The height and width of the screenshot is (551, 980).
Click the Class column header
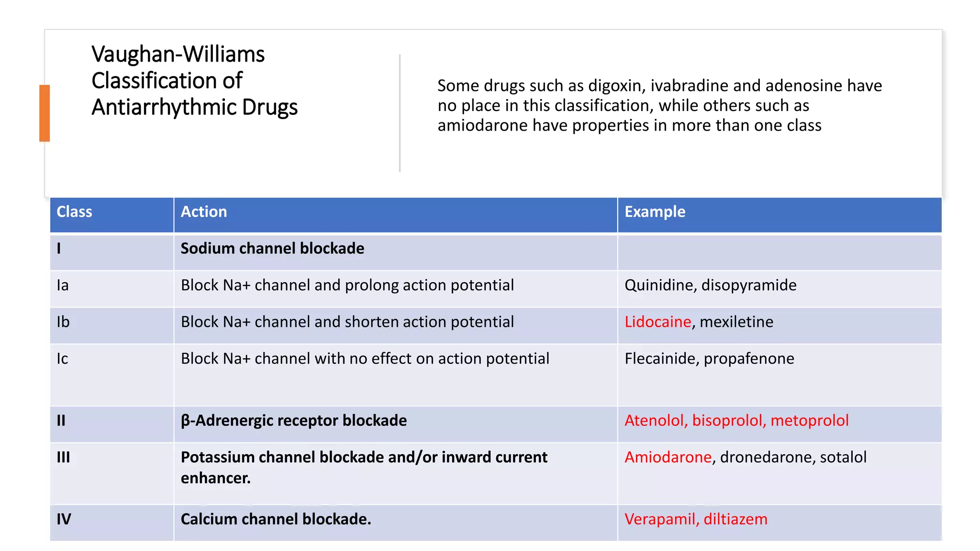74,212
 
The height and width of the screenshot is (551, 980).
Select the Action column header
203,212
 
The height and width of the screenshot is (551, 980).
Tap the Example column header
655,212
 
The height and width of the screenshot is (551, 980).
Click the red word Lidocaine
657,322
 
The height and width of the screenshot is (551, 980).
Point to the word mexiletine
736,322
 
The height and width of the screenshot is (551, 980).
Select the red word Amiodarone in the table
668,457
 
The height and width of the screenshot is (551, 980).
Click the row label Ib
63,322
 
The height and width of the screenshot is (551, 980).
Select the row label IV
64,519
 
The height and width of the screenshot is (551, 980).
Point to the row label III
63,457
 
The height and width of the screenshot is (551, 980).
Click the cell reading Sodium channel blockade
272,249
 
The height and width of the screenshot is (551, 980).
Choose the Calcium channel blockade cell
276,519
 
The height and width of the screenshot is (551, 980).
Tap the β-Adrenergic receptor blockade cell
293,421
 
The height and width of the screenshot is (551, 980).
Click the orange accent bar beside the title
45,113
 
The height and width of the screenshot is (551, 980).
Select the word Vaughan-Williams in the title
178,54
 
